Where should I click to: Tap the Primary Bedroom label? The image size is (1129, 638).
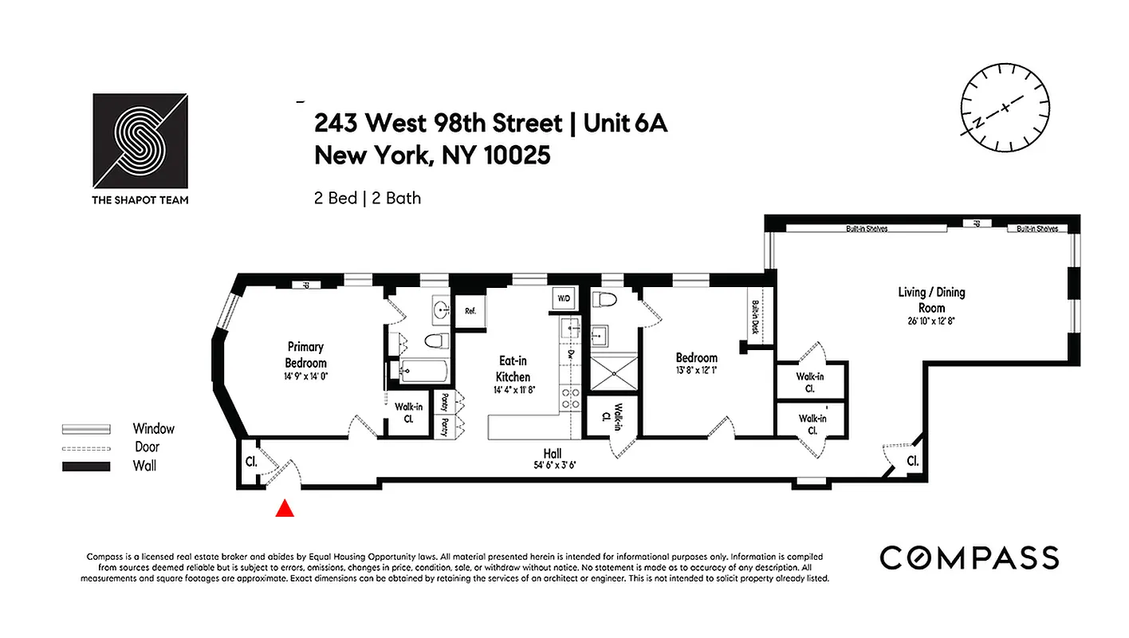coord(306,355)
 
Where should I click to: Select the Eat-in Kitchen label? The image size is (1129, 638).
coord(513,370)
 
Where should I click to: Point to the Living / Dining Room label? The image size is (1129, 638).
coord(931,300)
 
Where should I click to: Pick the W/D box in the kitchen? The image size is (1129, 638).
coord(564,298)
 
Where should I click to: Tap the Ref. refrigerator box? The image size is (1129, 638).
coord(470,310)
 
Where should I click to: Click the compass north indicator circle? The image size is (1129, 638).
coord(1005,107)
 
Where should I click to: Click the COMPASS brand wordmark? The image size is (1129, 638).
coord(970,557)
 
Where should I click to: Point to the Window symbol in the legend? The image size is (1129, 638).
coord(86,429)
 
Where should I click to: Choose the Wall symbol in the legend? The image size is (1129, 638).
coord(86,467)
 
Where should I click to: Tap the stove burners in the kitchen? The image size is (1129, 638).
coord(571,398)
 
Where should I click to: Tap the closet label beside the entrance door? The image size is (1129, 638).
coord(250,461)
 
